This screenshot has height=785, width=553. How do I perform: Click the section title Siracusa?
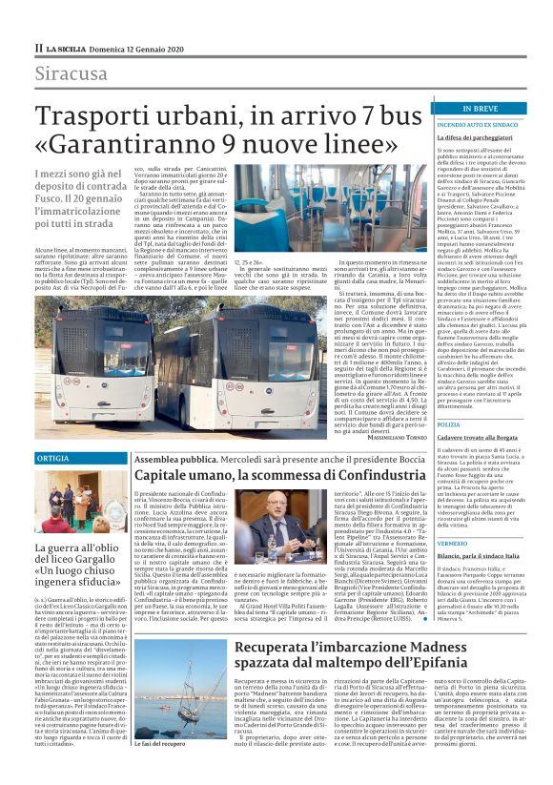pos(72,73)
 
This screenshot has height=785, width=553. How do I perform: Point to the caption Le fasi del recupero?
pos(160,770)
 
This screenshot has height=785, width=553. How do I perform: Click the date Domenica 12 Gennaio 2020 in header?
pos(132,48)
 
